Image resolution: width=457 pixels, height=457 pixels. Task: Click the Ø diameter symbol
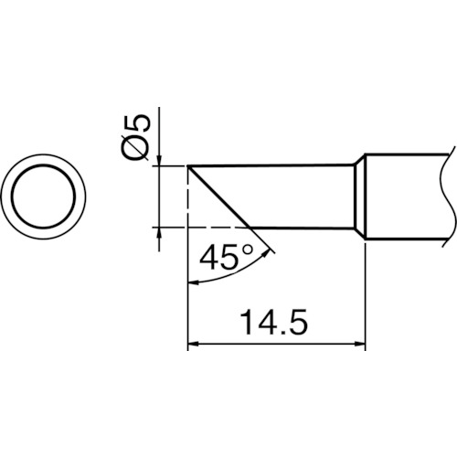(x=134, y=147)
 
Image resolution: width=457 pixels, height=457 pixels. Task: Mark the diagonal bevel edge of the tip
(x=219, y=196)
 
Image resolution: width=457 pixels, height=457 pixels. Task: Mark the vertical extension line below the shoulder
(x=366, y=292)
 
